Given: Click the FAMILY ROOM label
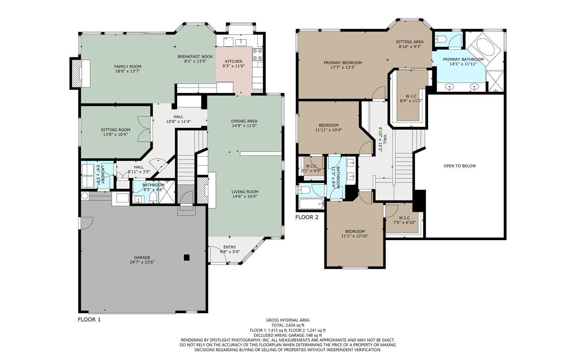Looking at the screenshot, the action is click(128, 67).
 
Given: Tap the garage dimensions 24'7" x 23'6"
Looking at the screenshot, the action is click(142, 262).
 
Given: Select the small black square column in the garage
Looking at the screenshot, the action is click(187, 257).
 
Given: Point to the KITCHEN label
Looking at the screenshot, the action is click(234, 62).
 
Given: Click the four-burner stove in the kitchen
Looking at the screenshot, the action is click(257, 54).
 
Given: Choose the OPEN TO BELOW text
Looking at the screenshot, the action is click(460, 166).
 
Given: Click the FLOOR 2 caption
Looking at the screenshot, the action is click(307, 217).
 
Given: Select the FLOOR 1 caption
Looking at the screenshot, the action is click(89, 320).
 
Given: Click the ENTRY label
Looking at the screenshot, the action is click(230, 247).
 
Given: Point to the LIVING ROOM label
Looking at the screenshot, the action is click(245, 192).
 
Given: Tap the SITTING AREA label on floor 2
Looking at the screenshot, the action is click(410, 42).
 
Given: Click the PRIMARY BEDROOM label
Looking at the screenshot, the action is click(343, 63).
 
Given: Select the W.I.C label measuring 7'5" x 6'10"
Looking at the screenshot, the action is click(405, 218).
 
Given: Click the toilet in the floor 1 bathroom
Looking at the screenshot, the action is click(153, 198).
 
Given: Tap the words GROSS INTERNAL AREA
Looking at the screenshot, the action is click(288, 320).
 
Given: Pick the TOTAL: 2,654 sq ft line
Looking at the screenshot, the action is click(288, 325).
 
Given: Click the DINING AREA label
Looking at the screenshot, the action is click(244, 121).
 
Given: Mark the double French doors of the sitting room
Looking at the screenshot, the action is click(144, 129).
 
